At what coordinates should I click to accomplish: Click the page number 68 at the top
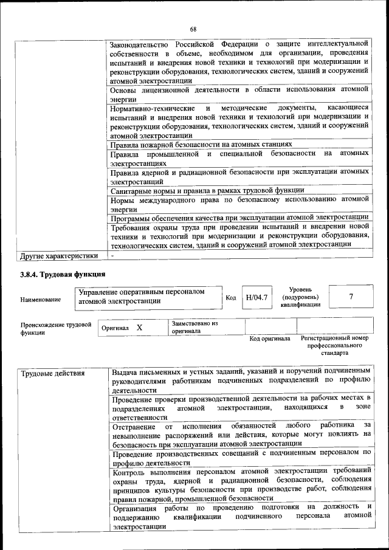[193, 29]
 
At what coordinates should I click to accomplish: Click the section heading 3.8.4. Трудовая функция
[63, 274]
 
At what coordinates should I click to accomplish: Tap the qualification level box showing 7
[351, 297]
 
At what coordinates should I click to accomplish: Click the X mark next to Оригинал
[139, 328]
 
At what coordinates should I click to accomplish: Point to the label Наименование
[41, 299]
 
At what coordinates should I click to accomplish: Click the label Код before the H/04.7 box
[231, 298]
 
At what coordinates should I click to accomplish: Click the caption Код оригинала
[269, 339]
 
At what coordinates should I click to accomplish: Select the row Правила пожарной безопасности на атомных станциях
[201, 145]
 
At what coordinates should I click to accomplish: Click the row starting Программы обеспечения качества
[239, 218]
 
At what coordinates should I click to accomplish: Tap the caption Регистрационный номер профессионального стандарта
[335, 345]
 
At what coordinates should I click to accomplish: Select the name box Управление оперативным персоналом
[149, 296]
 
